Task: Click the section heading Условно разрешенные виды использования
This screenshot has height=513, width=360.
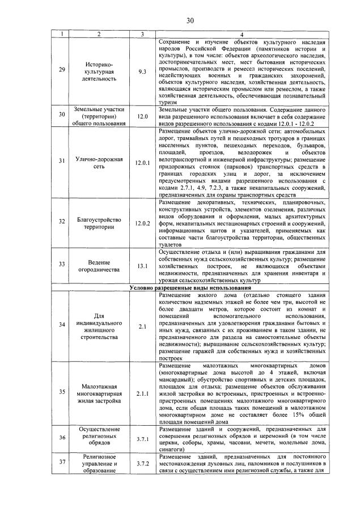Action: pos(186,289)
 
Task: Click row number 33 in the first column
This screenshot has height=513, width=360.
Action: pos(62,264)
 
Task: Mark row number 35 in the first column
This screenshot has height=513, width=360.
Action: pos(62,391)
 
